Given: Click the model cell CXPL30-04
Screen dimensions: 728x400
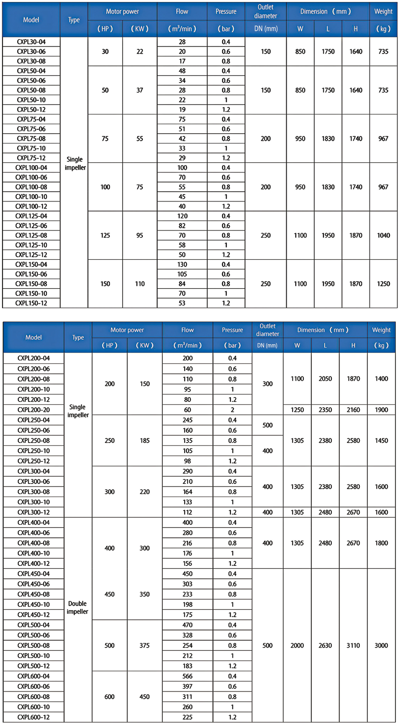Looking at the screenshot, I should click(31, 42).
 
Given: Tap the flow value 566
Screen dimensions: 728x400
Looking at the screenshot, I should click(187, 676).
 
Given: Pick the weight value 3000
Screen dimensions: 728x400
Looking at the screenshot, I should click(381, 645).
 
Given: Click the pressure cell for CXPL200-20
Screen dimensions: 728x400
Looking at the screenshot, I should click(232, 410).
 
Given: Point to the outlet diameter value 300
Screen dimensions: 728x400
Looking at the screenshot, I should click(267, 384).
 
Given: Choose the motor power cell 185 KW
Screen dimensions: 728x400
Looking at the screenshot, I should click(145, 440).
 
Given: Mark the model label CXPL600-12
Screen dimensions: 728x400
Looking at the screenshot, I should click(33, 717).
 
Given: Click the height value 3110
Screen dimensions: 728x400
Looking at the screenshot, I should click(353, 645).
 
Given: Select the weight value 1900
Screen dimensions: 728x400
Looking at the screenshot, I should click(381, 410).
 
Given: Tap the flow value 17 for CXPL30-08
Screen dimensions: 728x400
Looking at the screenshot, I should click(182, 61).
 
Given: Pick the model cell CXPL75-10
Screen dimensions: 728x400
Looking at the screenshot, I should click(31, 148).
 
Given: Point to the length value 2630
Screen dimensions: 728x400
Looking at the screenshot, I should click(325, 645).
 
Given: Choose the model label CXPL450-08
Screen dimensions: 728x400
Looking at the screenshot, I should click(33, 594).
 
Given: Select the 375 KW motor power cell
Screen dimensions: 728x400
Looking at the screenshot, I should click(145, 645).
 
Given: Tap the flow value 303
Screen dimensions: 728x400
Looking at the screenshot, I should click(187, 584).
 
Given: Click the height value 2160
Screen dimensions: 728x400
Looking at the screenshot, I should click(353, 410).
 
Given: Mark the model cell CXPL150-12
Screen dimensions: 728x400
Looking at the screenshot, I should click(31, 303).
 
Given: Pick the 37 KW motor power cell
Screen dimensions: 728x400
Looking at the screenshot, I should click(139, 90).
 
